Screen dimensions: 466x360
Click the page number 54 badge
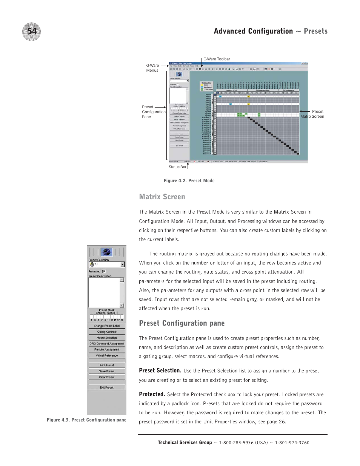[32, 32]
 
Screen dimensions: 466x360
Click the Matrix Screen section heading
[162, 197]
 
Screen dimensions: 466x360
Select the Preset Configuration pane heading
[182, 323]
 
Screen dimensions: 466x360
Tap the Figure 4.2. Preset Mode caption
[189, 181]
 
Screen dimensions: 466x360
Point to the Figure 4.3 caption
[86, 420]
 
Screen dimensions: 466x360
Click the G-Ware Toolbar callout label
[217, 59]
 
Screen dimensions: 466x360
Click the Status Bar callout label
[177, 167]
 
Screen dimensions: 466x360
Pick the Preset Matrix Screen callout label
[312, 114]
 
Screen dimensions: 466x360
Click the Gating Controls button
[107, 332]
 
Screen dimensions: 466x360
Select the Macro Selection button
[107, 338]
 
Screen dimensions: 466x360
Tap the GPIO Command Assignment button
[107, 344]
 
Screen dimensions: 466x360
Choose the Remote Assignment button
[107, 349]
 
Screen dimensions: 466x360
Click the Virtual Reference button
[107, 355]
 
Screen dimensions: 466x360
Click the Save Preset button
[107, 371]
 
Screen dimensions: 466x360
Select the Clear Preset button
[107, 377]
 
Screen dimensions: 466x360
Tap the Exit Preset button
[107, 388]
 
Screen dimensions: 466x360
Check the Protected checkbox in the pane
[104, 271]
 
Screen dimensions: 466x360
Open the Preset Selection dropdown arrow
[122, 265]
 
